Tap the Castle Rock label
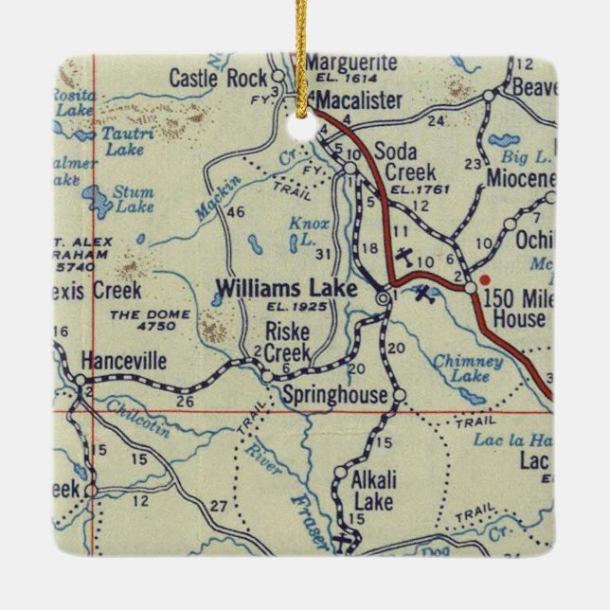click(x=218, y=79)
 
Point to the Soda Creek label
click(x=405, y=162)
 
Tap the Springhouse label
click(x=336, y=395)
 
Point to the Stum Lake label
click(x=133, y=199)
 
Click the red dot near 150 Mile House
click(x=485, y=280)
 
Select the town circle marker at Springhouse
click(x=398, y=395)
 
